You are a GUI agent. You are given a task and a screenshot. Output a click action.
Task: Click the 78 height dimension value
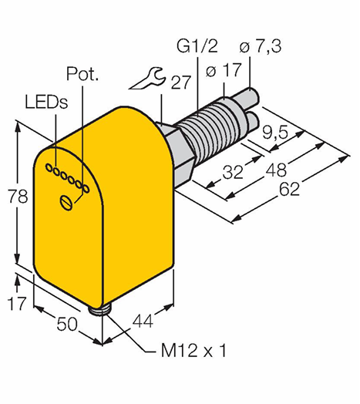tap(18, 197)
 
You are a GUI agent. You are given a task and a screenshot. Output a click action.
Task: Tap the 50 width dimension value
tap(67, 324)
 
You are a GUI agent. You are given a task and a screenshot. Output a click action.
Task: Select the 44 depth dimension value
tap(143, 321)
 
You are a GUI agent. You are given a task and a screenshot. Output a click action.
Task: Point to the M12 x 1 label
tap(193, 351)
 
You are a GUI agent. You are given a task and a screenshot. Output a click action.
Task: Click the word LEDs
tap(46, 102)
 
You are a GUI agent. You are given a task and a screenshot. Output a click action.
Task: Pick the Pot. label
tap(82, 74)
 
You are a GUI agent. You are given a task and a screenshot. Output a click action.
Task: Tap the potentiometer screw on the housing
tap(66, 203)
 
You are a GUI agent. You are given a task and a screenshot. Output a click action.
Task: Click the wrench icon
tap(146, 79)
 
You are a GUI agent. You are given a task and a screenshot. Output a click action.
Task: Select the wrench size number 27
tap(181, 82)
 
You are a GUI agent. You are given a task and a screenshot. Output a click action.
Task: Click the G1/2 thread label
tap(197, 46)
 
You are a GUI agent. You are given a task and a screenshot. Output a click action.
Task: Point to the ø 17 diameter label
tap(224, 70)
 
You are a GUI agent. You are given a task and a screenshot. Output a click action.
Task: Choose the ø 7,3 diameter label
tap(261, 46)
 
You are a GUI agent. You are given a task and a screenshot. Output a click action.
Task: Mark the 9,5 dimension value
tap(274, 133)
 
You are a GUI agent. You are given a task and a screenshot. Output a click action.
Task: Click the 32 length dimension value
tap(233, 172)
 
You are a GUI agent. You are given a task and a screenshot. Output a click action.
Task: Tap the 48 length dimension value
tap(276, 170)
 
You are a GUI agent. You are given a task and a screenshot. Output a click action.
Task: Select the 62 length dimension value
tap(290, 189)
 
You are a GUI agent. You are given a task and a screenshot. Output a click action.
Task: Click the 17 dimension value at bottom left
tap(17, 303)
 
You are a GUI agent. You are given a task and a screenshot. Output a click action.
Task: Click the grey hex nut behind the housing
tap(178, 155)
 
